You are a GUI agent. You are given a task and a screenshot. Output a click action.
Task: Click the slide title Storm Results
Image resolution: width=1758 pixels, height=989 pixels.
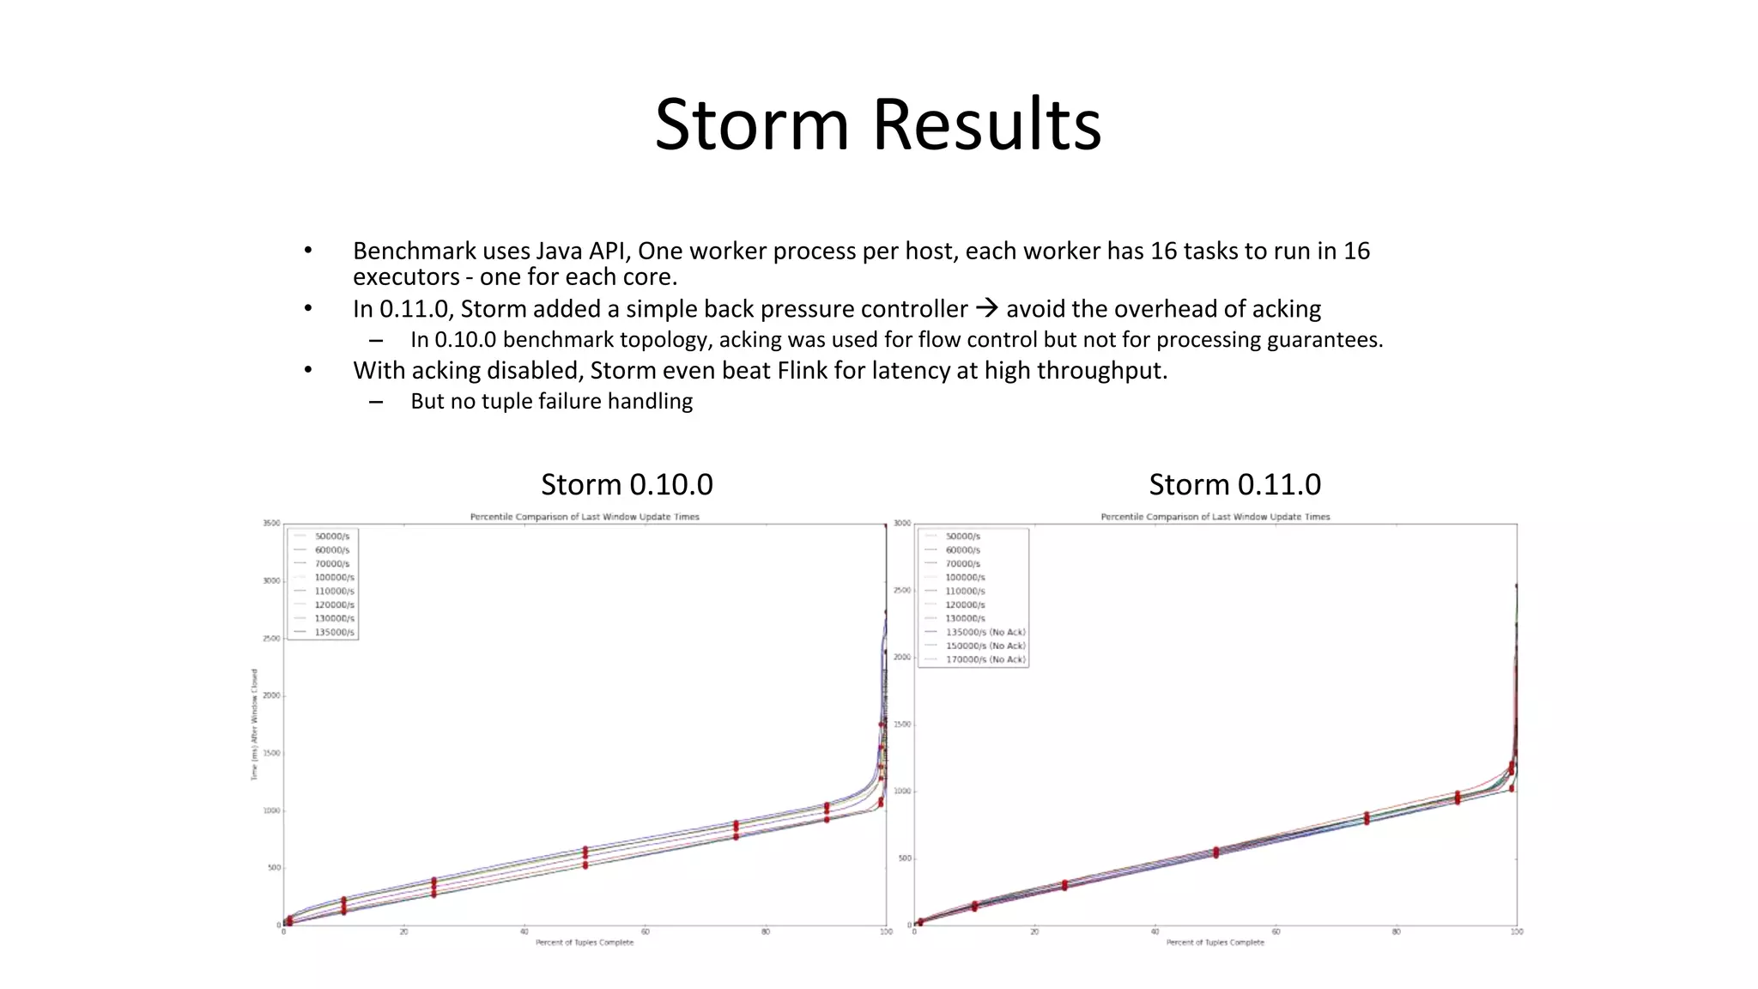coord(877,124)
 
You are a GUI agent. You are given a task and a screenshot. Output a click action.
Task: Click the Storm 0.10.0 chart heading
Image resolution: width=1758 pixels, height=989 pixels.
coord(627,485)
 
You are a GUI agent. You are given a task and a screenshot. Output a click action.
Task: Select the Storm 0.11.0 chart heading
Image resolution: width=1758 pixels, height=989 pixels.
coord(1234,485)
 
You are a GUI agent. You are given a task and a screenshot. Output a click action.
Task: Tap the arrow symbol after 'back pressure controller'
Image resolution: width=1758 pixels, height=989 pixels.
coord(986,307)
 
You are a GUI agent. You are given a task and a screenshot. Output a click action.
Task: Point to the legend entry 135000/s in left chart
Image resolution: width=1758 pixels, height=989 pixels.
coord(334,633)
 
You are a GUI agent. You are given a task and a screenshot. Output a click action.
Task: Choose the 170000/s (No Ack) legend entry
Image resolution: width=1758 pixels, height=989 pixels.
coord(985,660)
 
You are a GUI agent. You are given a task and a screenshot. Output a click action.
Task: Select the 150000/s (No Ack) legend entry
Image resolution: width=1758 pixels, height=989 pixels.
coord(985,646)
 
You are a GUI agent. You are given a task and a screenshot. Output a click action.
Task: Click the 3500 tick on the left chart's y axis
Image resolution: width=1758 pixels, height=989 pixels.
coord(271,523)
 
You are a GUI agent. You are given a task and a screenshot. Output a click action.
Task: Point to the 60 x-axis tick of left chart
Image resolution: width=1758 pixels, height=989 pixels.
coord(645,932)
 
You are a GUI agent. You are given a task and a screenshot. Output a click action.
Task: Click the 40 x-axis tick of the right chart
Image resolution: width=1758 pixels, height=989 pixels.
coord(1155,932)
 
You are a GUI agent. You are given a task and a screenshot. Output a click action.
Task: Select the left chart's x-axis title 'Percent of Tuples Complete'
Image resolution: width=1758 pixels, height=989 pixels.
coord(585,943)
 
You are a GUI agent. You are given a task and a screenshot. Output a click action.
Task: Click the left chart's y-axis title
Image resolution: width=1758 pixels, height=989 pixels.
coord(254,725)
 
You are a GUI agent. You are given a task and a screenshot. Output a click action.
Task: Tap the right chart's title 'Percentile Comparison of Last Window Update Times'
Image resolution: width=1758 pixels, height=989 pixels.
coord(1215,517)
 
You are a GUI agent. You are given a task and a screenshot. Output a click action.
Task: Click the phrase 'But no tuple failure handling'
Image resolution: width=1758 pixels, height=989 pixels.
coord(551,402)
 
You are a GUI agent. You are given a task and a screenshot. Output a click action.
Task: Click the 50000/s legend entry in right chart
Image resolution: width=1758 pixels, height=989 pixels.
coord(962,537)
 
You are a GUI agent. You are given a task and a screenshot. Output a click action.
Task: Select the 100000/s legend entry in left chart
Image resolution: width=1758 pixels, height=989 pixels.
coord(334,578)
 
